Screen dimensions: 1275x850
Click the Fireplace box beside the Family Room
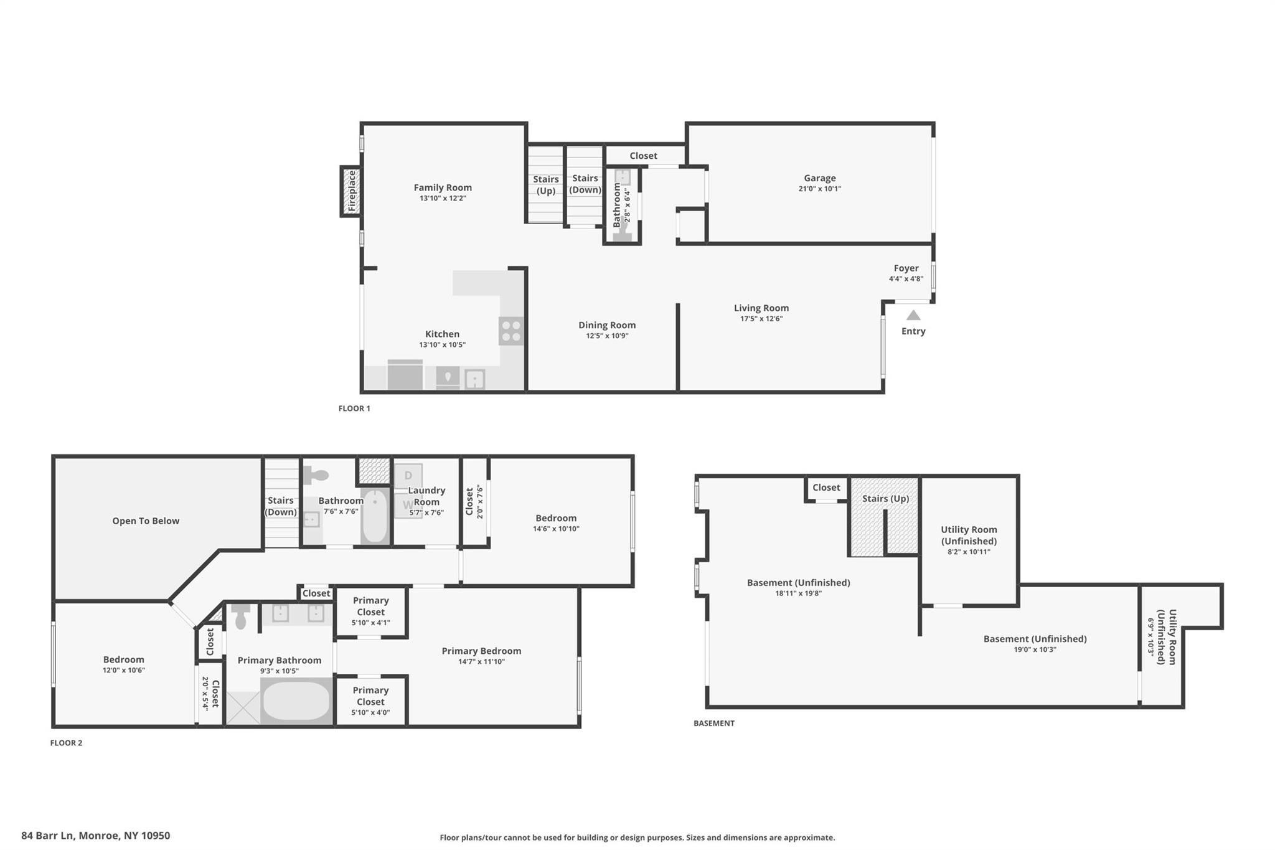(x=351, y=191)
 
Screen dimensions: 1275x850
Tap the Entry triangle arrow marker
(x=913, y=315)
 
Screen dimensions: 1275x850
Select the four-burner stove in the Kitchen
(x=511, y=331)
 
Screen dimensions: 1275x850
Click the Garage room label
(x=819, y=178)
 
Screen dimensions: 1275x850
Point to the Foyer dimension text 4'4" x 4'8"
(x=906, y=279)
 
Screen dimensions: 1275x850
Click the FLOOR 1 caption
(x=354, y=408)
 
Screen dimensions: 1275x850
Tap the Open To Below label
(x=146, y=521)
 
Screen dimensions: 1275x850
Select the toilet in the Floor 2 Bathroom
(x=316, y=476)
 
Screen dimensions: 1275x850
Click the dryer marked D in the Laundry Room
(x=408, y=475)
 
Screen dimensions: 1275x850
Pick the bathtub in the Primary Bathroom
(x=296, y=701)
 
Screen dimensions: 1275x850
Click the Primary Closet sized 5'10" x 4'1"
(x=371, y=612)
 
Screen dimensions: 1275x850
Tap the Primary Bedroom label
(x=481, y=651)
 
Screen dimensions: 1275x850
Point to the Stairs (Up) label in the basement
(x=885, y=498)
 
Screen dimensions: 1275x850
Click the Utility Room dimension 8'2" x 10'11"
(x=969, y=552)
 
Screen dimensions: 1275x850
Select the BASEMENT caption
(x=714, y=723)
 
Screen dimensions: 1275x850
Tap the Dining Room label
(x=607, y=325)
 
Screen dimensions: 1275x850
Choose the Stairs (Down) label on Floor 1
(x=585, y=184)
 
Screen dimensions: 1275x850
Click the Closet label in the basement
(x=826, y=488)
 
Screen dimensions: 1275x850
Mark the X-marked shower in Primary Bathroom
(x=243, y=708)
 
